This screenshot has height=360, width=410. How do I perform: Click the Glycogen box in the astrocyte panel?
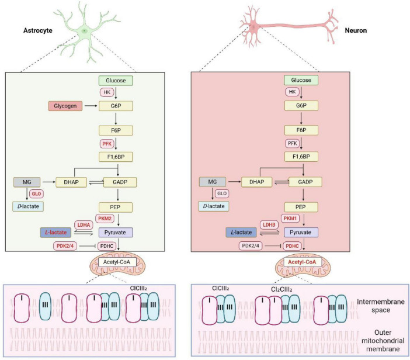[x=65, y=106]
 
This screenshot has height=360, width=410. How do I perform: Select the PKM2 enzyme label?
[x=105, y=219]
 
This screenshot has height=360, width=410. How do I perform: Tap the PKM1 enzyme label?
[x=290, y=218]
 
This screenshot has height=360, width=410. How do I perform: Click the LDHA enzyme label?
[x=84, y=225]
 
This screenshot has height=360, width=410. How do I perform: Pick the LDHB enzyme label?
[x=269, y=225]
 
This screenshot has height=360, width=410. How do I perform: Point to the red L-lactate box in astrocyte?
[x=55, y=233]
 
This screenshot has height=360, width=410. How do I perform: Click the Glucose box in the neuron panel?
[x=301, y=80]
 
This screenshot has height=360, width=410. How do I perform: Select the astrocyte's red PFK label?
[x=107, y=144]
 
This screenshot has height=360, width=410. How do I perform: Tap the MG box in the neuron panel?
[x=213, y=182]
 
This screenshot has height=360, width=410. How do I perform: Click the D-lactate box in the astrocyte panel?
[x=28, y=206]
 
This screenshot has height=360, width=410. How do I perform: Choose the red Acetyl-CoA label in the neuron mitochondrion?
[x=302, y=262]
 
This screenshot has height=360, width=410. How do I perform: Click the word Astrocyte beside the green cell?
[x=38, y=30]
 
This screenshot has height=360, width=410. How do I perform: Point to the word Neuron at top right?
[x=356, y=30]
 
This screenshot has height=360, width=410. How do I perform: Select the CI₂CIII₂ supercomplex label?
[x=282, y=289]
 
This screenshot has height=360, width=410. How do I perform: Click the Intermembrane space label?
[x=380, y=306]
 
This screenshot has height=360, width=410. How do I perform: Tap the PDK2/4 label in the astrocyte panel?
[x=65, y=246]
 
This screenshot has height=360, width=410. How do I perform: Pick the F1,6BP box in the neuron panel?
[x=301, y=157]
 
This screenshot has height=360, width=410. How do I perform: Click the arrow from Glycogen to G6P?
[x=91, y=106]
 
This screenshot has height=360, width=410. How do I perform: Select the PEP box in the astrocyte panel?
[x=116, y=207]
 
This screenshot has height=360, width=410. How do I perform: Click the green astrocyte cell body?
[x=84, y=31]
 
